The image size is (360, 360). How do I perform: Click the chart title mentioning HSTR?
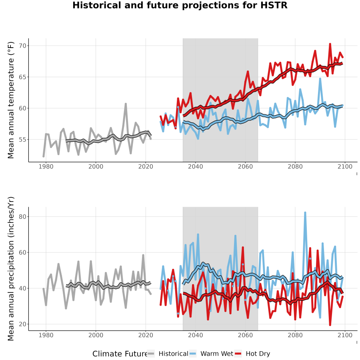tap(180, 5)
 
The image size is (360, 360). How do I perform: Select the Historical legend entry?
tap(168, 354)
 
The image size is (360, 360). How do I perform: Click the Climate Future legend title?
tap(120, 354)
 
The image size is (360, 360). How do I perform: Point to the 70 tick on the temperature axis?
tap(23, 46)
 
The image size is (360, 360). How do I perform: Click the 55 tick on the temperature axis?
tap(23, 140)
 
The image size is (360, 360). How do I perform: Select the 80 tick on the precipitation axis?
tap(23, 216)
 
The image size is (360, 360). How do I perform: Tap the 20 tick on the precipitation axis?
tap(23, 324)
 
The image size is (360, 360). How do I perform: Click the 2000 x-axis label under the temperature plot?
tap(96, 166)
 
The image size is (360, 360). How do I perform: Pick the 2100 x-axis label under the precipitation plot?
tap(345, 335)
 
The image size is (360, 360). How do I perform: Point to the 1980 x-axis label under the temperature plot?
tap(46, 166)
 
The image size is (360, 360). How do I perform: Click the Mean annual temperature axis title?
tap(11, 100)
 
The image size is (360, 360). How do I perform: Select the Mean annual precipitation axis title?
tap(11, 269)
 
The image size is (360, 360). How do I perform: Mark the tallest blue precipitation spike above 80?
tap(305, 213)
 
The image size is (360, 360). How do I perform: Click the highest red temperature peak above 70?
tap(330, 44)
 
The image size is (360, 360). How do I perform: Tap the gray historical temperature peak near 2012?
tap(126, 104)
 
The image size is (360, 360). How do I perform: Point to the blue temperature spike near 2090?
tap(320, 79)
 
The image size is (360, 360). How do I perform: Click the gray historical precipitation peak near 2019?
tap(143, 255)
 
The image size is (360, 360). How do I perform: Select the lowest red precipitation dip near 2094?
tap(330, 325)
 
